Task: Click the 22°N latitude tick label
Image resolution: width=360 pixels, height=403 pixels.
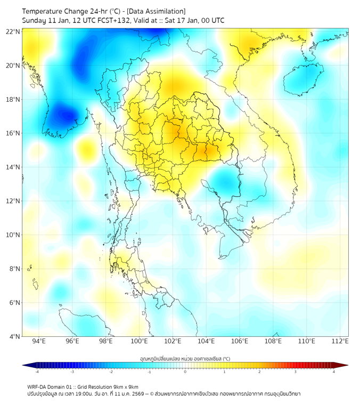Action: tap(13, 31)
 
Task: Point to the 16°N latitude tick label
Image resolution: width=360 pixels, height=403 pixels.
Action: tap(13, 133)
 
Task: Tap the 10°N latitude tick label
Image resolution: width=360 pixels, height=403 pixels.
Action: tap(13, 235)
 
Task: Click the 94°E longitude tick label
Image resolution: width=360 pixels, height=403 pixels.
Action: tap(39, 341)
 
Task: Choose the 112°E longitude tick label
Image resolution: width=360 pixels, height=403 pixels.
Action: tap(340, 341)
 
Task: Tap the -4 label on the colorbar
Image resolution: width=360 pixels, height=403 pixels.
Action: tap(36, 372)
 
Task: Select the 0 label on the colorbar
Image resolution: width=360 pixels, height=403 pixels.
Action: tap(185, 372)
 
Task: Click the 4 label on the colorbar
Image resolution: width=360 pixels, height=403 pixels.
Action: tap(333, 372)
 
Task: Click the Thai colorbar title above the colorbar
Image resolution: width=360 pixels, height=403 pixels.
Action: tap(185, 358)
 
